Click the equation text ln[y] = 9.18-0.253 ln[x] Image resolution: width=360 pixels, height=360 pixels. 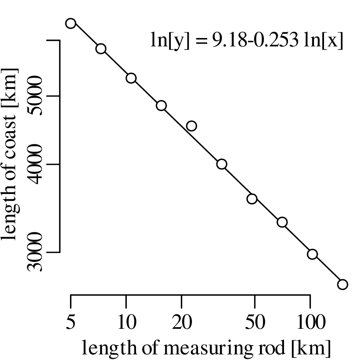pos(246,40)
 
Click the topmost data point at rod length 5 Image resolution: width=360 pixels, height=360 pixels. pos(71,23)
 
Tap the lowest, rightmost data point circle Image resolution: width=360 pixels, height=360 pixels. pos(342,284)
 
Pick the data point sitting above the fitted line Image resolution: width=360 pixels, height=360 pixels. pos(192,126)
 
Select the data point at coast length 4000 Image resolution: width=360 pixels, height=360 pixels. pos(222,164)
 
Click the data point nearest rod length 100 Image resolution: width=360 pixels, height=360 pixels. pos(312,254)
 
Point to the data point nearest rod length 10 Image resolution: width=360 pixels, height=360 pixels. pos(131,78)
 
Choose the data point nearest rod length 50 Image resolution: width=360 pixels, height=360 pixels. pos(252,199)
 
